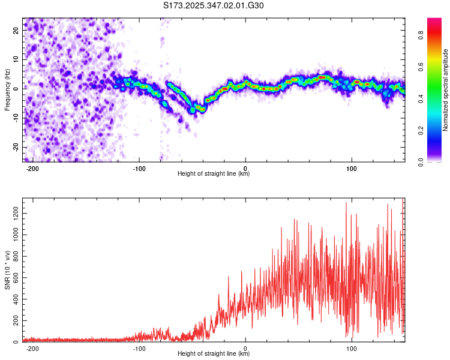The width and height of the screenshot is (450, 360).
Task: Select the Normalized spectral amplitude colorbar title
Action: click(446, 90)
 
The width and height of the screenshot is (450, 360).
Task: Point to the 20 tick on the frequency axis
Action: click(16, 29)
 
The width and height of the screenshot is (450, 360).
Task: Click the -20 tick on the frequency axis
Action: click(15, 148)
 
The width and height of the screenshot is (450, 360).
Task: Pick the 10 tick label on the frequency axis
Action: click(16, 59)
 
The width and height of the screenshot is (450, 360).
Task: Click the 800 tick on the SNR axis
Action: click(15, 256)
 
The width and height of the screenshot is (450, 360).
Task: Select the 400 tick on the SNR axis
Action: click(15, 299)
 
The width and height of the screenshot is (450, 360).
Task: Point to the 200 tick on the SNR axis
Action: click(15, 321)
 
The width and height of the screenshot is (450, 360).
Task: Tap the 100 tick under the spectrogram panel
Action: click(352, 168)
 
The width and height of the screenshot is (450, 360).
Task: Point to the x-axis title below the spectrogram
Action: click(214, 174)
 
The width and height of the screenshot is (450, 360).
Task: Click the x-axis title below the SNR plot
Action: click(214, 354)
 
